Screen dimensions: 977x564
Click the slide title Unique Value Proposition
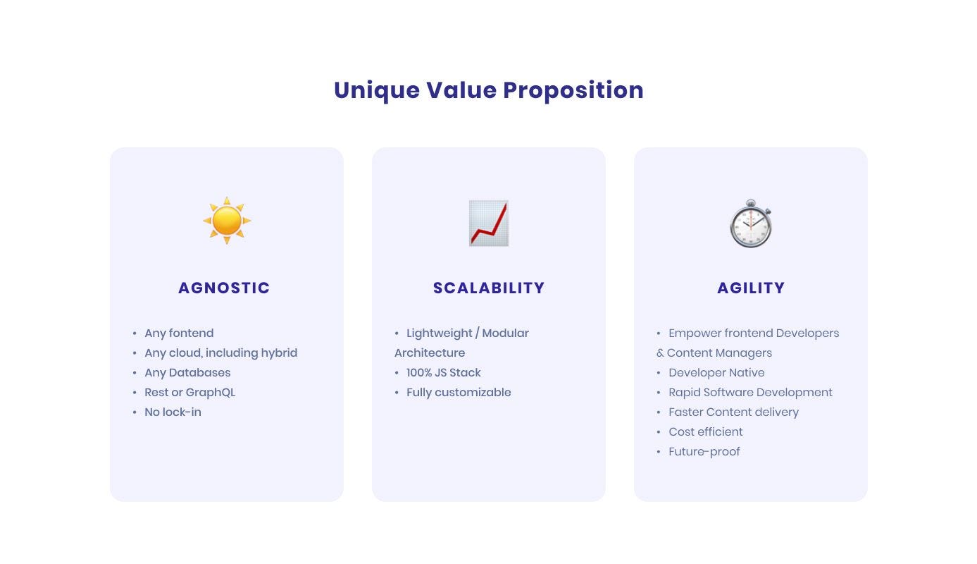coord(489,90)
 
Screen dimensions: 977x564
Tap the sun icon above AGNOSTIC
coord(227,221)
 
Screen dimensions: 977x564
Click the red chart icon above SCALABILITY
coord(489,223)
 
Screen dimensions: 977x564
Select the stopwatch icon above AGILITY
coord(751,223)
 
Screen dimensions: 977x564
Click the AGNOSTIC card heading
coord(224,288)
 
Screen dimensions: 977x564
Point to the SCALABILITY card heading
coord(489,288)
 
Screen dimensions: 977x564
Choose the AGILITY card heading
coord(751,288)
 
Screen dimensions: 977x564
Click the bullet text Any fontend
coord(179,333)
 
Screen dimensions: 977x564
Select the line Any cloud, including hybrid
coord(221,352)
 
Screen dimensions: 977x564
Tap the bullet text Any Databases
coord(187,372)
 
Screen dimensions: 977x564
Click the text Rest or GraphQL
coord(190,393)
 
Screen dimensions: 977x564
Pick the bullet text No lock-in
coord(173,412)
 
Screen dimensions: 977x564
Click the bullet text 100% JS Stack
coord(444,372)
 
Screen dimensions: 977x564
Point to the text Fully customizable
coord(459,393)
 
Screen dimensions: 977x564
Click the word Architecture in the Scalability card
coord(430,352)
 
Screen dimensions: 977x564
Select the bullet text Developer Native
coord(716,372)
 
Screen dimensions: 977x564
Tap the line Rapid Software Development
coord(751,393)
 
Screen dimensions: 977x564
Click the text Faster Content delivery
coord(733,412)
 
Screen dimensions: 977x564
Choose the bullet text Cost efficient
coord(706,431)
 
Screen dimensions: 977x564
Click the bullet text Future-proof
coord(704,451)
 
